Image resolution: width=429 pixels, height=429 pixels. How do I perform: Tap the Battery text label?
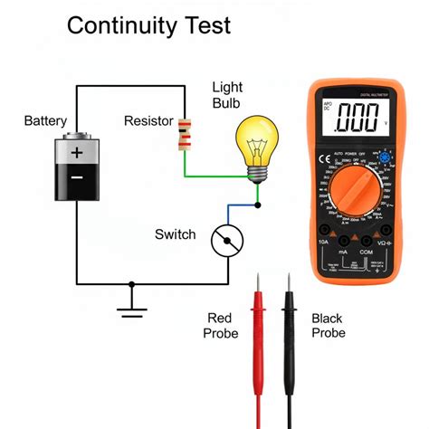(x=45, y=121)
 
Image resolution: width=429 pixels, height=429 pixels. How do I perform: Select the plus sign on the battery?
(x=78, y=153)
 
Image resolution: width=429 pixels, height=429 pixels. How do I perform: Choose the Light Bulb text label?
(x=228, y=96)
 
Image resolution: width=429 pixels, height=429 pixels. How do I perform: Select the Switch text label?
(x=175, y=234)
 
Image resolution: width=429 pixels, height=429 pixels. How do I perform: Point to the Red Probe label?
(x=222, y=326)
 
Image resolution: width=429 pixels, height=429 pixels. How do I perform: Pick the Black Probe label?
(x=327, y=326)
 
